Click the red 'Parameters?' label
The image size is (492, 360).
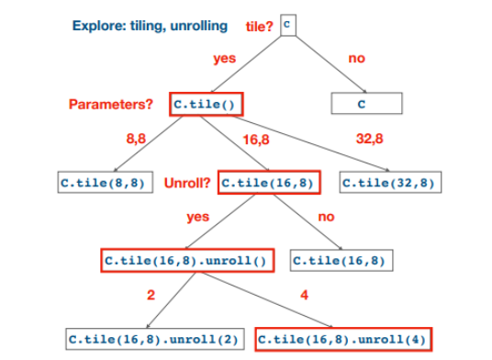point(111,104)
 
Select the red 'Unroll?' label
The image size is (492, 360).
point(187,183)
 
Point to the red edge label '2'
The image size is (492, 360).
point(151,296)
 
